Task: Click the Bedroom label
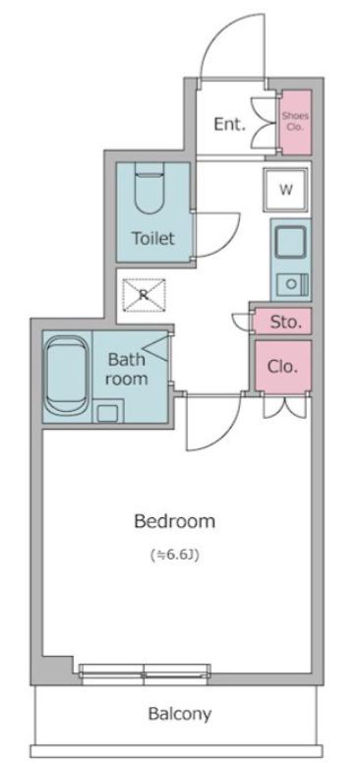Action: click(174, 521)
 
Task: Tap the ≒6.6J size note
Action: click(175, 555)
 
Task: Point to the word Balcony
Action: click(180, 714)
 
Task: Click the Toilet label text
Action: click(153, 238)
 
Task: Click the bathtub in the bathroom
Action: click(67, 377)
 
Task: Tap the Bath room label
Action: click(127, 370)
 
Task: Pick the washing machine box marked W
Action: click(286, 190)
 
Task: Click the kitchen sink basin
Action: click(291, 243)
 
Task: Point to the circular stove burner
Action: click(291, 284)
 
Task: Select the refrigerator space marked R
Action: click(144, 294)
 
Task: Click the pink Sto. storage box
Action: click(283, 322)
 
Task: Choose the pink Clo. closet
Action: click(283, 367)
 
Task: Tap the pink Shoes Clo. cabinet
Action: click(295, 122)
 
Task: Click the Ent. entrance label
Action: click(230, 124)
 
